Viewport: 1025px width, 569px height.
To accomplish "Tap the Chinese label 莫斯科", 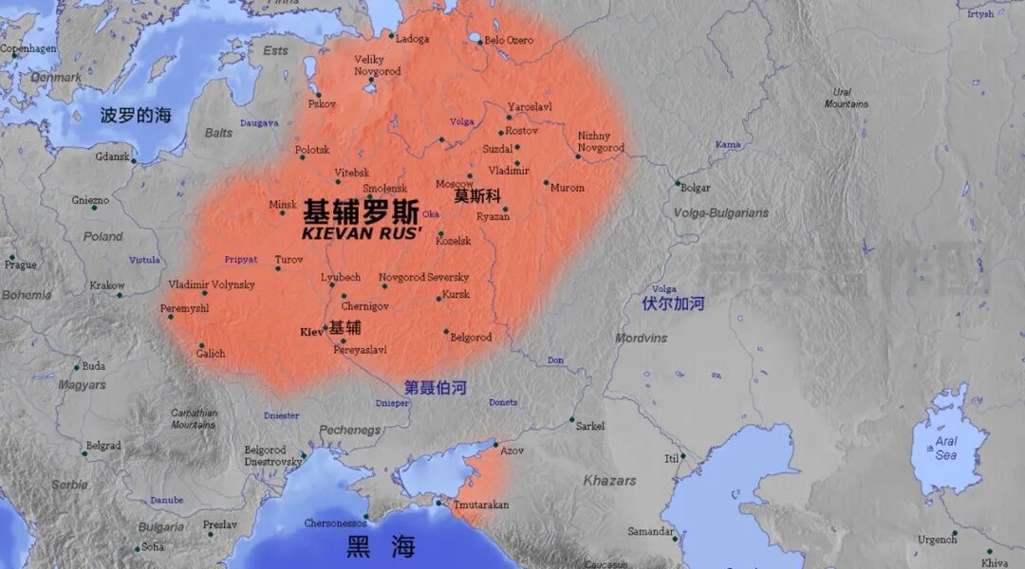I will [475, 196].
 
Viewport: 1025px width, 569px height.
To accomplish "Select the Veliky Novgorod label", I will [377, 65].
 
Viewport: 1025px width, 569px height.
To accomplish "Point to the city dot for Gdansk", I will [134, 161].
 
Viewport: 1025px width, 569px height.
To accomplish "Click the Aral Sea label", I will [946, 449].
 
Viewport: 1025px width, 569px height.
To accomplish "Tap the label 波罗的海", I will [136, 116].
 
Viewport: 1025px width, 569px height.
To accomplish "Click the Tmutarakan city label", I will [480, 505].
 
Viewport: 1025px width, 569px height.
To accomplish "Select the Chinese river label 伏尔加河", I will [673, 303].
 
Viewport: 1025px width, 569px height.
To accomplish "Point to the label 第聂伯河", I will [435, 387].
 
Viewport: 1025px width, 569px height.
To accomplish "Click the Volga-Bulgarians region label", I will [720, 213].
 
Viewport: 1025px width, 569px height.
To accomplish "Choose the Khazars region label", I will [609, 481].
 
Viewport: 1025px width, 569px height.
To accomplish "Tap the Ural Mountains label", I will [845, 98].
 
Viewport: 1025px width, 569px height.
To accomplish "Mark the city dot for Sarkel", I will [571, 420].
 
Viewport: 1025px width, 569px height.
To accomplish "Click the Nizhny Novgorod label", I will [601, 141].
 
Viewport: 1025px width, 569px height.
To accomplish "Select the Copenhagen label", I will [29, 48].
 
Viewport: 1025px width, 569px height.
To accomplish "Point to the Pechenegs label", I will [349, 430].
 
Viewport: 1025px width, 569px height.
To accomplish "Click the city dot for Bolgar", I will [677, 184].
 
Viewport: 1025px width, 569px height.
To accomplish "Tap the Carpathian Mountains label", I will [194, 418].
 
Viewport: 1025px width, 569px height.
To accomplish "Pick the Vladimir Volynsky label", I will [212, 284].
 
